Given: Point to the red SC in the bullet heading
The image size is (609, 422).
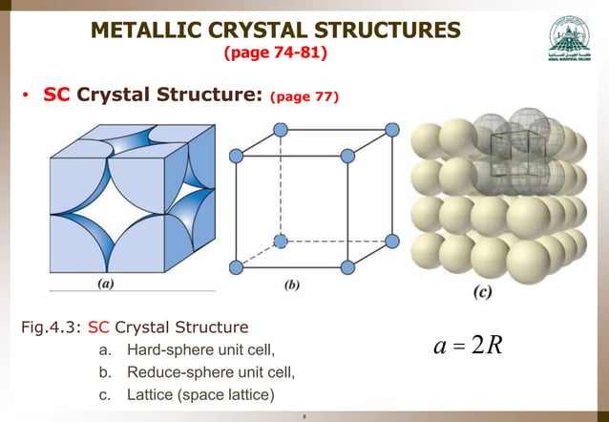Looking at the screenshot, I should point(57,95).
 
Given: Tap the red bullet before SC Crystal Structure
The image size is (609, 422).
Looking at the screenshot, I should point(29,96).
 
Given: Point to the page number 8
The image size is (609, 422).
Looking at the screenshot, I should point(304,415).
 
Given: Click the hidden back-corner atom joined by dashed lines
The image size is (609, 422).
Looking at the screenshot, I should point(280,240).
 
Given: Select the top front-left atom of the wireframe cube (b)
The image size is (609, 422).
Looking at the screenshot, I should point(236,152).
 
